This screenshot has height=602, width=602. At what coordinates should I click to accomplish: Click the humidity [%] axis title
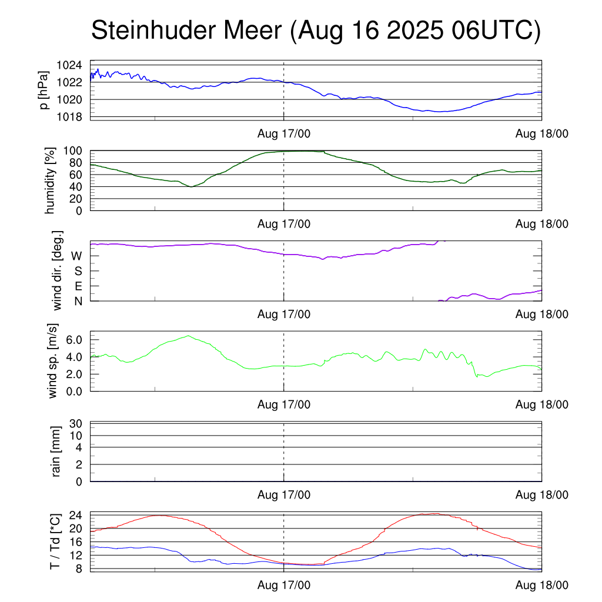(x=50, y=180)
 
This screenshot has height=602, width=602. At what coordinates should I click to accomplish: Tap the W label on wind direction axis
(x=76, y=256)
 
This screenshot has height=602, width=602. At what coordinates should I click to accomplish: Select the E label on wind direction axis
(x=78, y=286)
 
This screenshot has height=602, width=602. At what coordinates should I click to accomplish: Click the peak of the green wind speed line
(x=188, y=336)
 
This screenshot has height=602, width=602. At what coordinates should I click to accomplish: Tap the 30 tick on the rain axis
(x=76, y=423)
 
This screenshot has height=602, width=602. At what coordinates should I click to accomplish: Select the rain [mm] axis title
(x=57, y=452)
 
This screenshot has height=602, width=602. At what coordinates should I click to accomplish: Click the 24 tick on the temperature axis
(x=76, y=515)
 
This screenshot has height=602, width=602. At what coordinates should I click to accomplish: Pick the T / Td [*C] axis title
(x=55, y=541)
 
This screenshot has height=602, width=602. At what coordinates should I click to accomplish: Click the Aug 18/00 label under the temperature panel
(x=541, y=586)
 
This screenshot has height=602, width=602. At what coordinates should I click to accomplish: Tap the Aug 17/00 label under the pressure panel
(x=284, y=133)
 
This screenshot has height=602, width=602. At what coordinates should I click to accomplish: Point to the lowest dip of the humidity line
(x=191, y=187)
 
